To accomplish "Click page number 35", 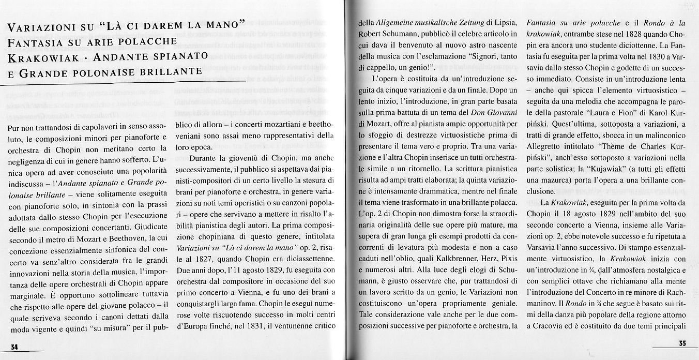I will pos(682,343).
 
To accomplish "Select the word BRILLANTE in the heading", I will pos(171,71).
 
